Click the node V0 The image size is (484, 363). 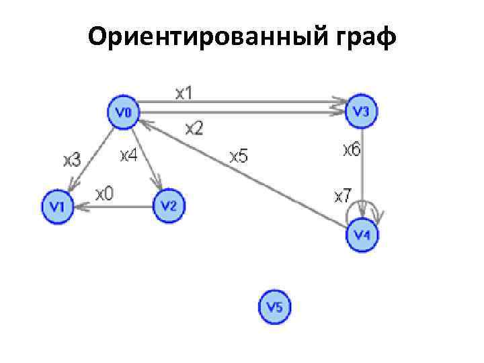coord(122,112)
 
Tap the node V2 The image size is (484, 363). coord(168,204)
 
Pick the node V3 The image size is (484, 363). coord(362,112)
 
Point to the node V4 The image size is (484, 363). coord(362,235)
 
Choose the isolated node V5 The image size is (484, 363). coord(275,307)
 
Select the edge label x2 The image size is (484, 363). coord(194,128)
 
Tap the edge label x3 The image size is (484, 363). coord(72,160)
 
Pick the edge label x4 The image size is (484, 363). coord(128,156)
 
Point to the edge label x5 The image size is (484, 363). coord(239,157)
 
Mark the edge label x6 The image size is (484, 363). coord(352,149)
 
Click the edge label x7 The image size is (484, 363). coord(342,196)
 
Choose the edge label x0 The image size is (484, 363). coord(104,194)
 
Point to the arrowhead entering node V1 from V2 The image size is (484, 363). coord(78,207)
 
